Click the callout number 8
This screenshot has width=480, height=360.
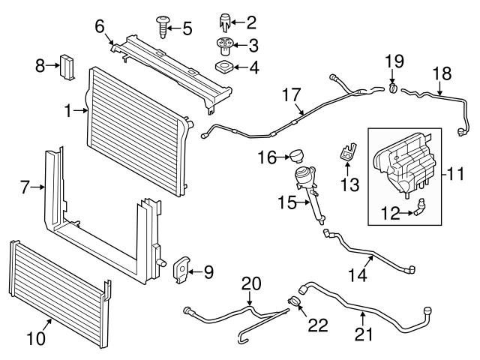40,65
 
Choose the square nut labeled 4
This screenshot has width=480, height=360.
223,67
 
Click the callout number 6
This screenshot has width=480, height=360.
99,27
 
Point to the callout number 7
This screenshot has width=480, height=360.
25,187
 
